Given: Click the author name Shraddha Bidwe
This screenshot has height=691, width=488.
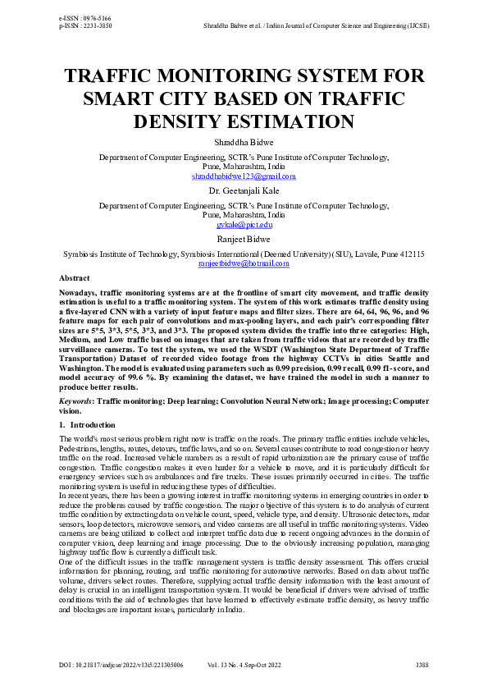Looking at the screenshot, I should [244, 142].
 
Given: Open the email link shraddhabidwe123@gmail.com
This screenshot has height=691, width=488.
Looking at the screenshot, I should [244, 176].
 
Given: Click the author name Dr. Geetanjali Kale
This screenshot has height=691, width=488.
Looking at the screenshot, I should [244, 190].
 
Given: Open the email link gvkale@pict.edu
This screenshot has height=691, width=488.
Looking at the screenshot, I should [244, 224].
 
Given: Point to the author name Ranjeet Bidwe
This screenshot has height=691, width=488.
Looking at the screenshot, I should [244, 239].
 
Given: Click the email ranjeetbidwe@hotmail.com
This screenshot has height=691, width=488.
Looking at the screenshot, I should [244, 264].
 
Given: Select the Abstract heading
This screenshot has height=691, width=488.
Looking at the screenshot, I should [75, 279].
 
